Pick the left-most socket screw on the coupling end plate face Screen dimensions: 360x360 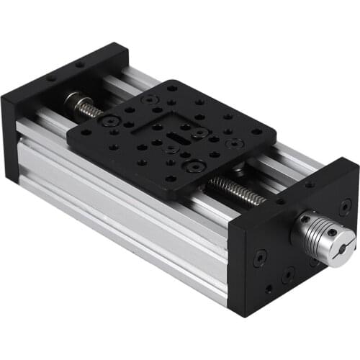click(258, 253)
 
